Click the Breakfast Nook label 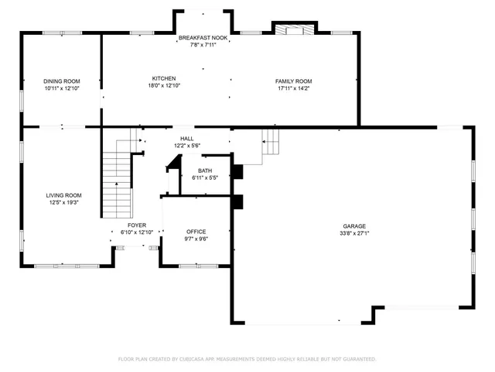tap(203, 37)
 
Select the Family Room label tap(294, 81)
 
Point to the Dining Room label tap(61, 81)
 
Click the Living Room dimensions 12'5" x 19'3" tap(63, 203)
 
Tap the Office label tap(196, 231)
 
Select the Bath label tap(205, 170)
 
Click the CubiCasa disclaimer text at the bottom tap(247, 359)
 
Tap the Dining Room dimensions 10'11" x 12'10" tap(61, 88)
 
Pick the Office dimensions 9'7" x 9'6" tap(196, 239)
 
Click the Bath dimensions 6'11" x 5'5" tap(205, 178)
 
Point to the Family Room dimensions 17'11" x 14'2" tap(294, 88)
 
